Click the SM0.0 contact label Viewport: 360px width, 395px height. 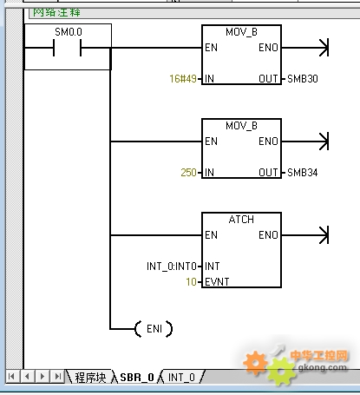point(69,32)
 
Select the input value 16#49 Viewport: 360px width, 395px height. point(183,79)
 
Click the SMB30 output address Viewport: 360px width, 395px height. point(303,79)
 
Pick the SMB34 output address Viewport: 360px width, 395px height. point(303,173)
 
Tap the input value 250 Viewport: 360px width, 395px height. point(188,173)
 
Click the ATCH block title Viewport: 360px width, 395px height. point(241,220)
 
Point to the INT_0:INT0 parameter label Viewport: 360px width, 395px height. point(172,267)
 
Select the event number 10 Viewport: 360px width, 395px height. point(191,282)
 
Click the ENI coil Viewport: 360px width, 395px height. point(154,329)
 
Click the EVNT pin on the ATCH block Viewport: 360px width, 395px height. point(217,282)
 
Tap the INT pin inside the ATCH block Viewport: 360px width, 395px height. point(213,267)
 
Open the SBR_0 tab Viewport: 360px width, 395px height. point(137,377)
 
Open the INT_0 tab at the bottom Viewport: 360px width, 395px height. point(181,377)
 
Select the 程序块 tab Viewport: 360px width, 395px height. point(90,377)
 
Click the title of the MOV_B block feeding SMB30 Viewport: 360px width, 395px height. point(241,32)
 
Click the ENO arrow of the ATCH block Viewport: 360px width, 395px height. point(305,235)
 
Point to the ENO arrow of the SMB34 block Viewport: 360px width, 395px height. point(305,142)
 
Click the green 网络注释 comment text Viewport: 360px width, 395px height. point(56,12)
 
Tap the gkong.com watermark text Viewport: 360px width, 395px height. point(322,367)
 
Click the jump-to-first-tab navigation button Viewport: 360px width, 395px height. point(12,377)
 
